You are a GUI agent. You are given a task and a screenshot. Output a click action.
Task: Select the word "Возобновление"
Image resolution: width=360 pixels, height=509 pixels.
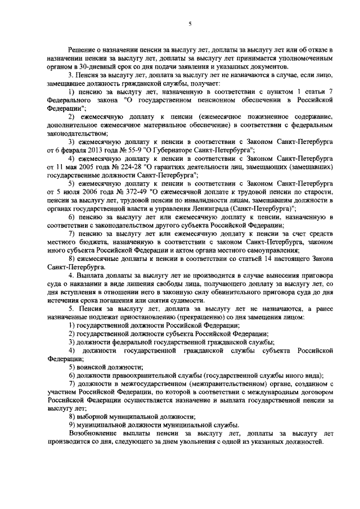[94, 433]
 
